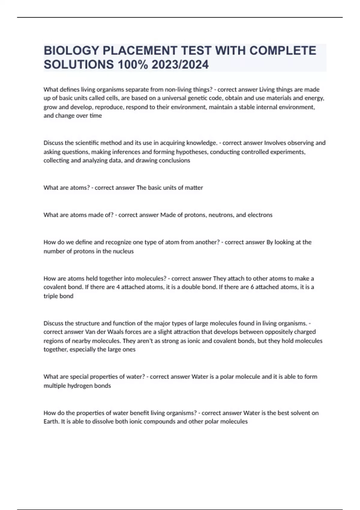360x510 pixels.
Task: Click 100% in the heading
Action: click(x=133, y=64)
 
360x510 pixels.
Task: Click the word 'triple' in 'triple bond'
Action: click(x=51, y=296)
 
